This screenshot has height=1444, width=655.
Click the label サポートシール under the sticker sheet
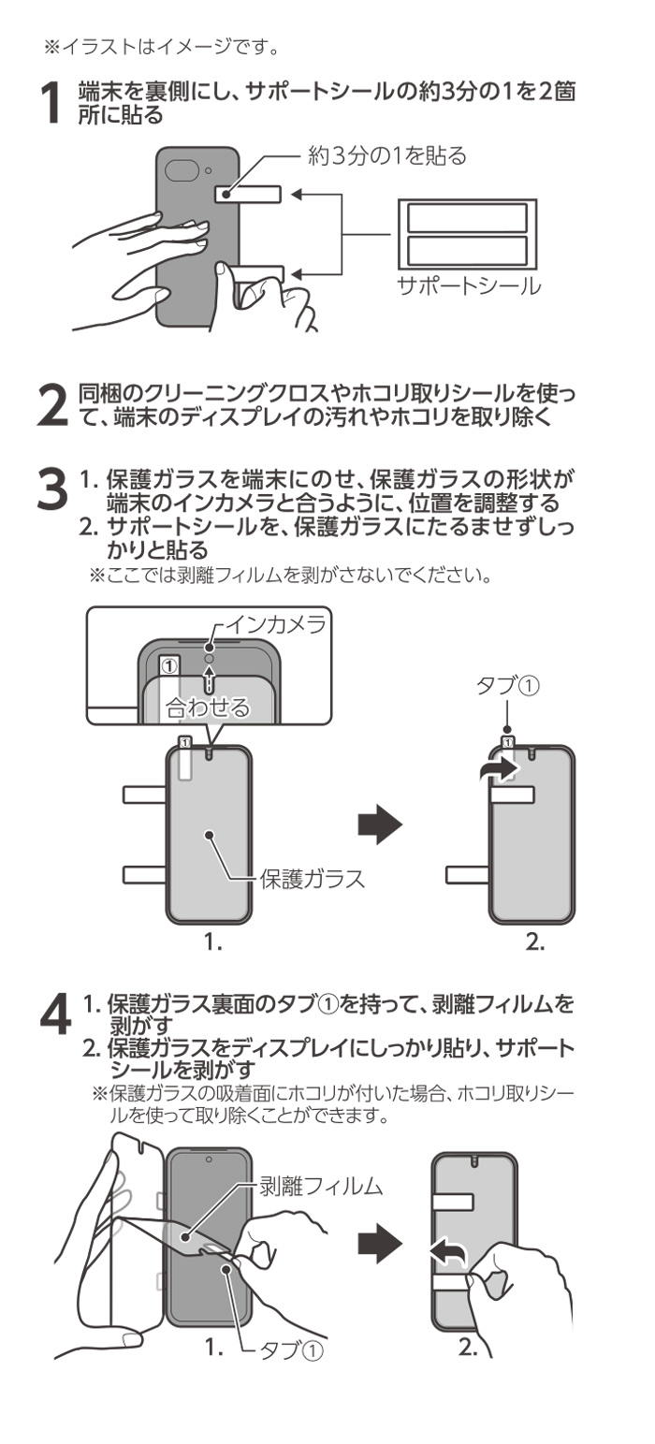[466, 285]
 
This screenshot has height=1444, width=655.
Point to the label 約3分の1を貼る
[387, 155]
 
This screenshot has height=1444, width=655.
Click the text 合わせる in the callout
[207, 707]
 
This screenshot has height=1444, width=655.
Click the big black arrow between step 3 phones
[380, 824]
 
